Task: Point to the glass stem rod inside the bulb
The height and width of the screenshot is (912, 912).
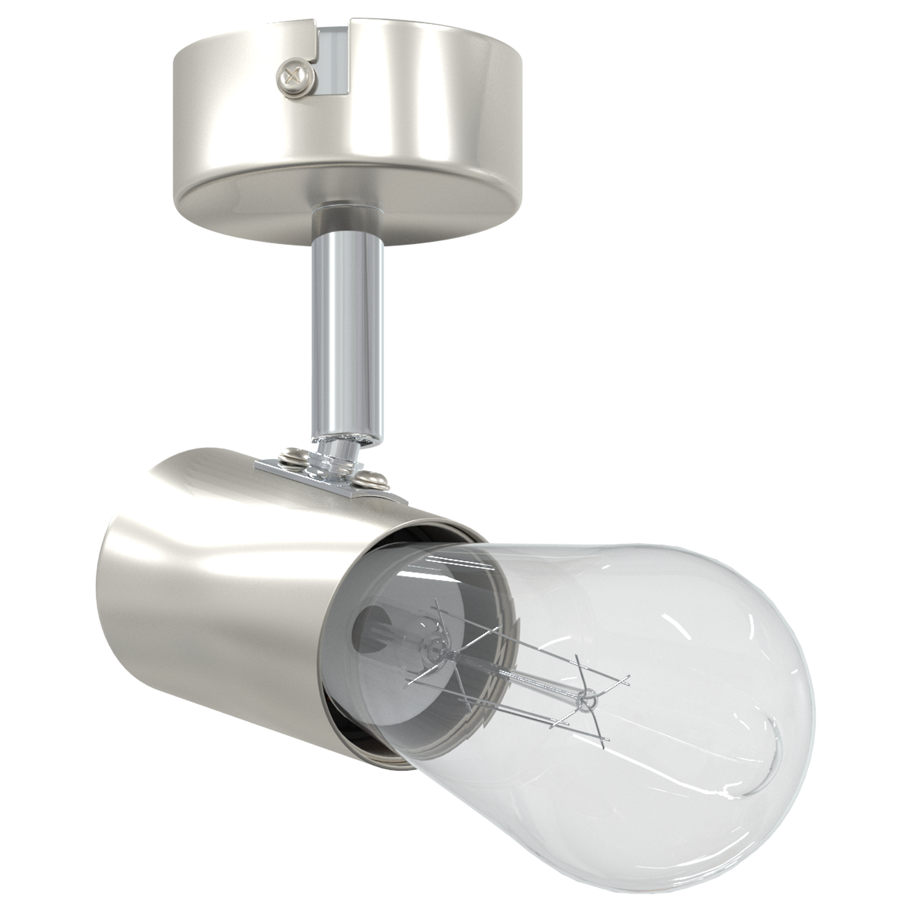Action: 513,673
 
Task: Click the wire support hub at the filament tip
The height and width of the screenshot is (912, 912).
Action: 587,697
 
